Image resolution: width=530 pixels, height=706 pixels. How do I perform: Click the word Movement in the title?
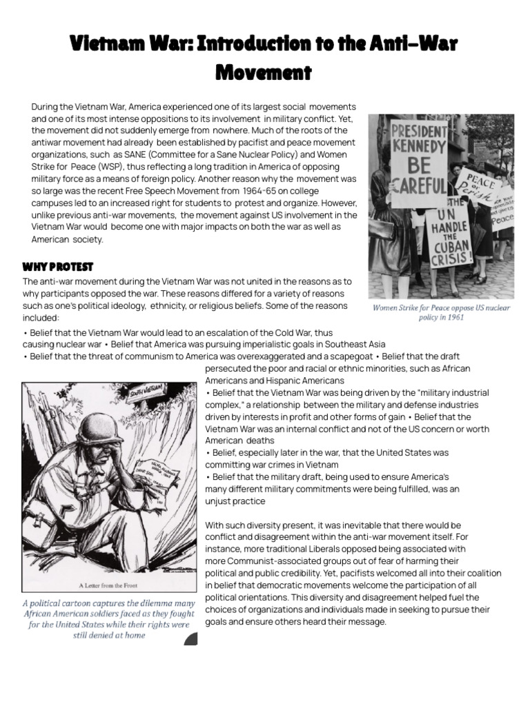(264, 71)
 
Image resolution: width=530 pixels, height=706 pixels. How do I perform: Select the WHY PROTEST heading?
(58, 267)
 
